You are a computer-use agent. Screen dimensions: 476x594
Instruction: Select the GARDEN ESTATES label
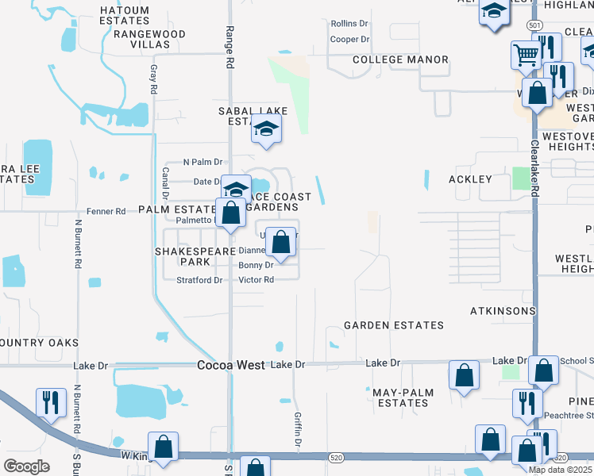click(x=393, y=325)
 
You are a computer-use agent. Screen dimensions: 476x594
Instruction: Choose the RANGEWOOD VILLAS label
click(x=149, y=40)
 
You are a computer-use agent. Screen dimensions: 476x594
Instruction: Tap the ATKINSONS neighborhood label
click(x=503, y=310)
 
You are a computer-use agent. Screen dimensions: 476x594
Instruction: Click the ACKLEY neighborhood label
click(x=470, y=179)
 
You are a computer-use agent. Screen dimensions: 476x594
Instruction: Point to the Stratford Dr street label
click(x=199, y=280)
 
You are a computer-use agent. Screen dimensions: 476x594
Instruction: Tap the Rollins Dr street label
click(x=349, y=24)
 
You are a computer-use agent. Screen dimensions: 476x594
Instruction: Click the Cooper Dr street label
click(x=350, y=39)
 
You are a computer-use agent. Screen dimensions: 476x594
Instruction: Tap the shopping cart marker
click(x=526, y=56)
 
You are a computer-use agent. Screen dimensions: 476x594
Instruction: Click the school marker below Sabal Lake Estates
click(x=267, y=129)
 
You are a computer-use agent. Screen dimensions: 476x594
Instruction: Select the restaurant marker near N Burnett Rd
click(x=50, y=402)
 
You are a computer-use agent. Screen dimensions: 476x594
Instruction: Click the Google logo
click(x=27, y=466)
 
